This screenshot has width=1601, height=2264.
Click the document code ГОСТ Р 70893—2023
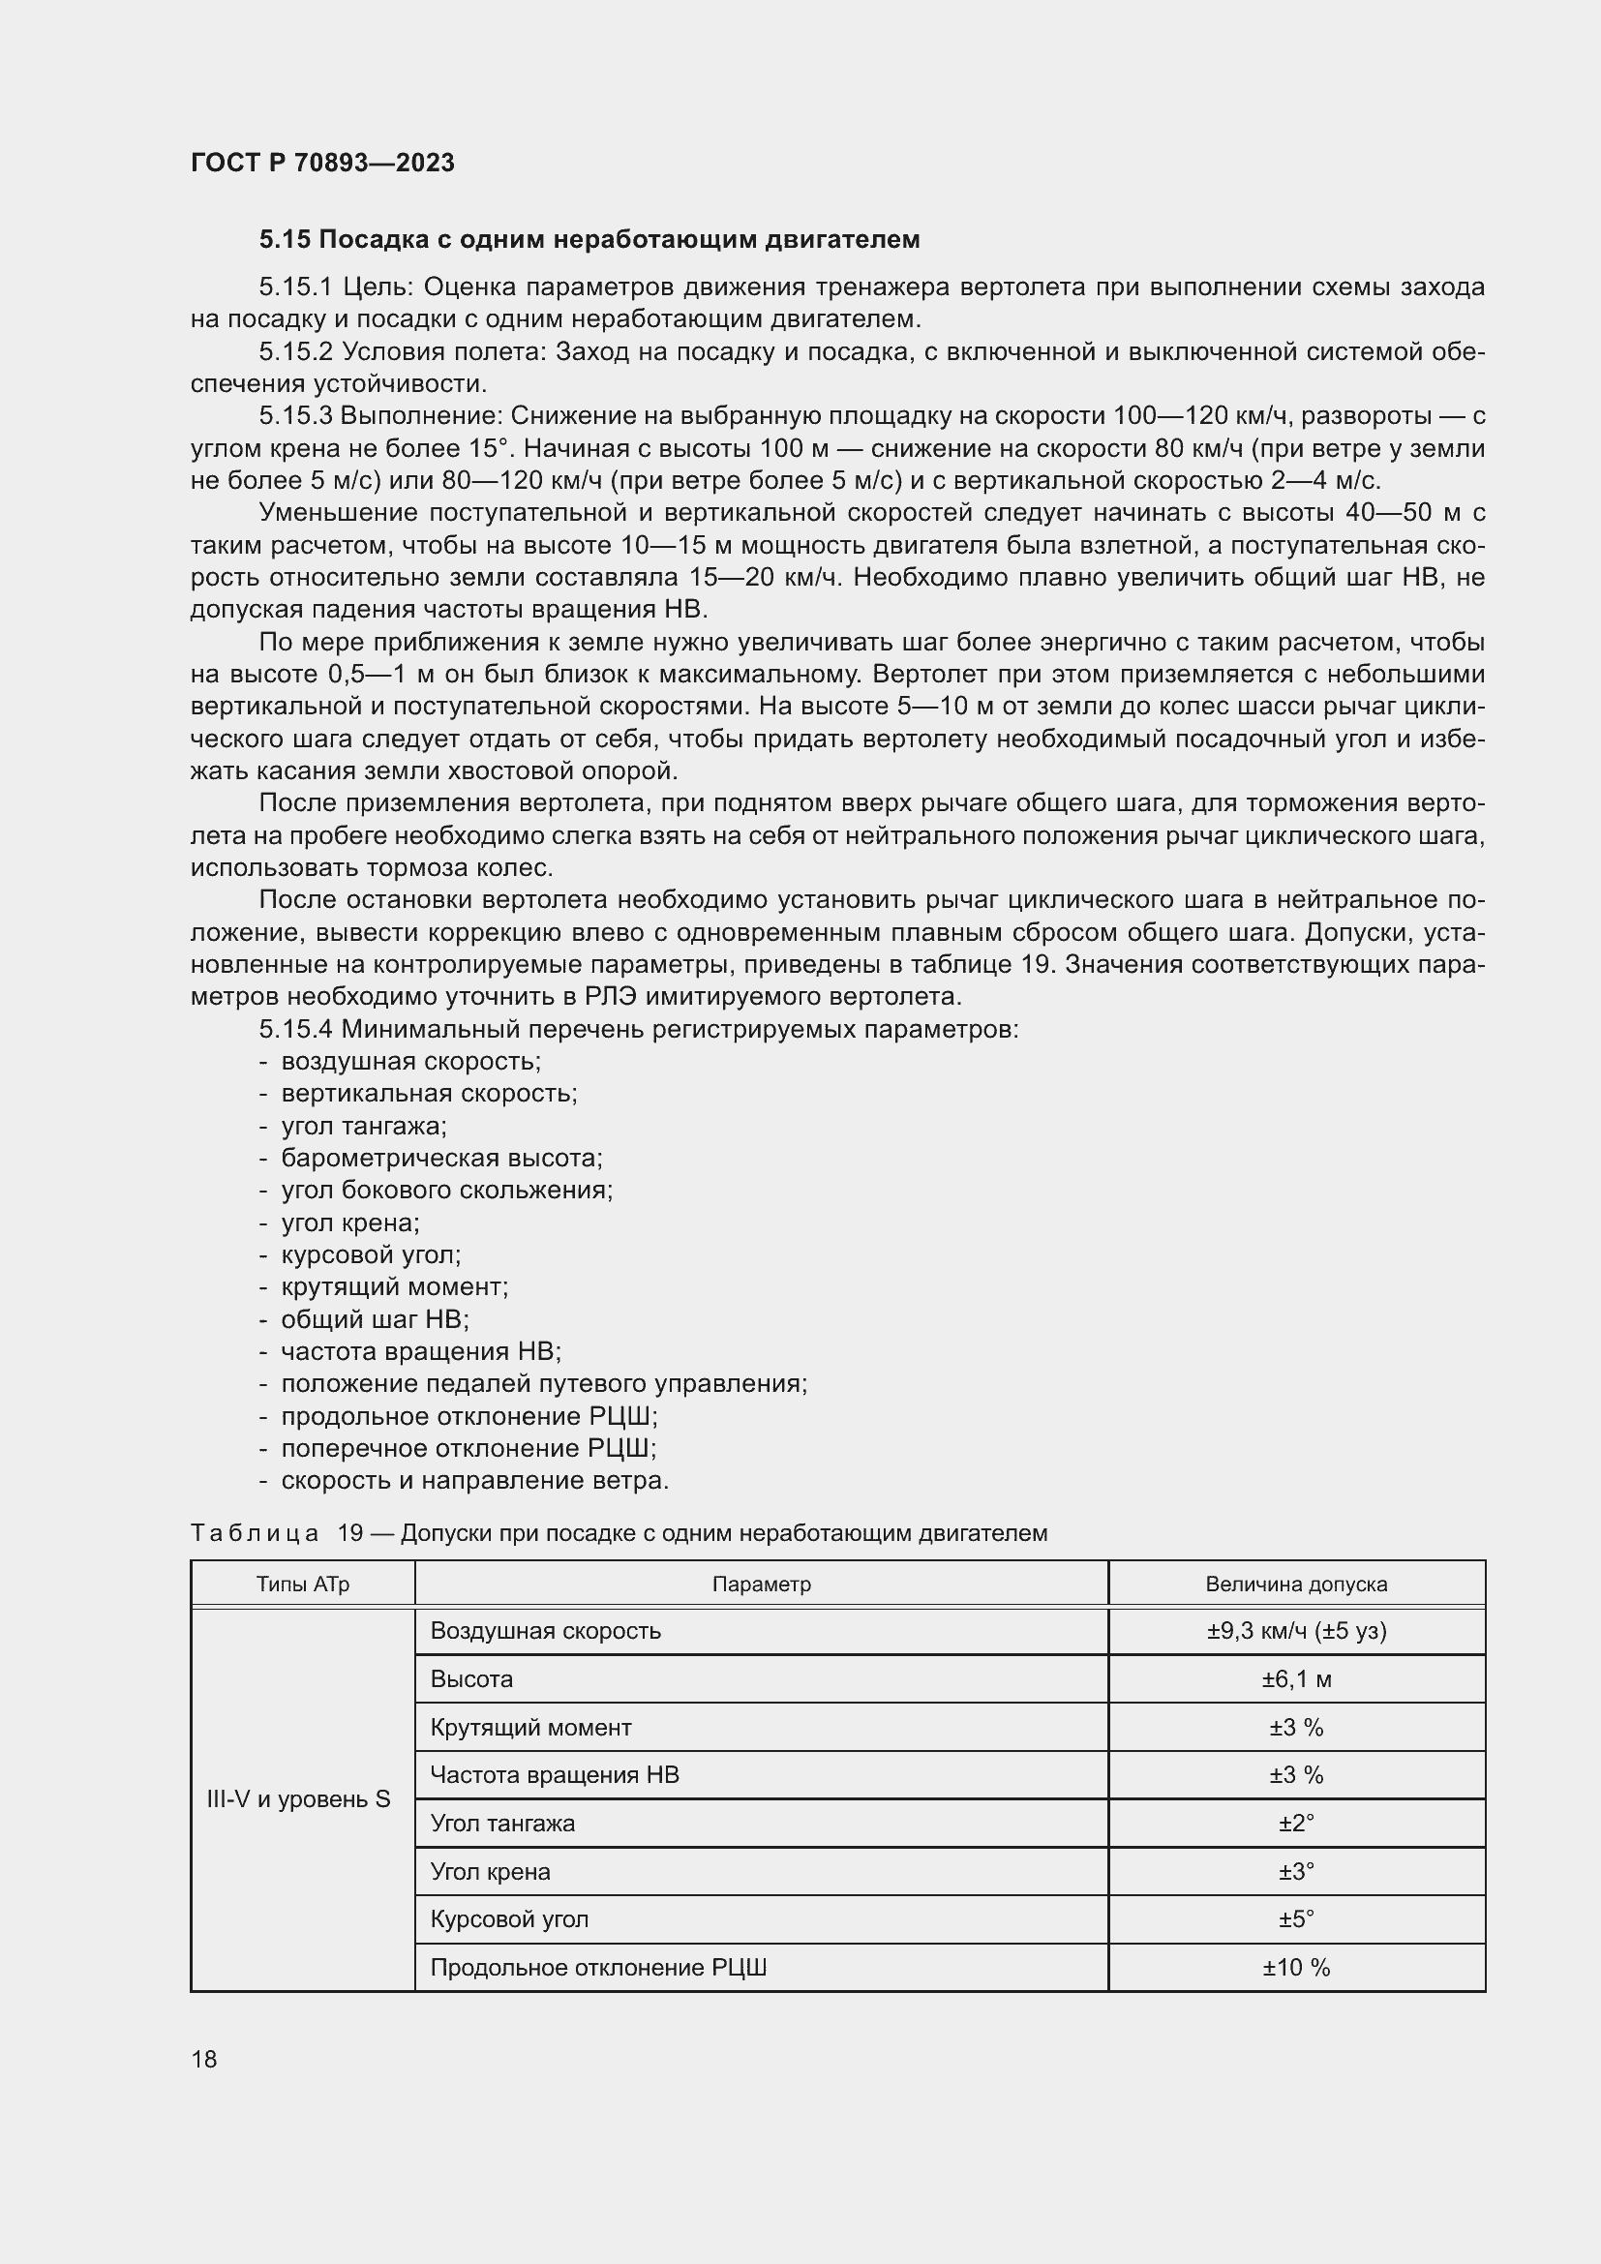pos(322,163)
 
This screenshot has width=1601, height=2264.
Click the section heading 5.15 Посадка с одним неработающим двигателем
pos(589,240)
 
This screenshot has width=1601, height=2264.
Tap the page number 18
pos(204,2059)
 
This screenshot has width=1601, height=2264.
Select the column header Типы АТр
pos(303,1585)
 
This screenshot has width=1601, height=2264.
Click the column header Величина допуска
pos(1295,1585)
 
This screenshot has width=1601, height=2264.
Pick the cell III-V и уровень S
pos(299,1798)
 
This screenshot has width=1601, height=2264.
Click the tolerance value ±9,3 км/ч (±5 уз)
pos(1295,1631)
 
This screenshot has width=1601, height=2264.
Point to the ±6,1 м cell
pos(1295,1679)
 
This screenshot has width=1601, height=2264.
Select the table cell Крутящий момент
pos(530,1728)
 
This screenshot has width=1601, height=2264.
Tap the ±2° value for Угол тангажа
pos(1295,1824)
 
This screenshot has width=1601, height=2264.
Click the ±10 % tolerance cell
pos(1295,1967)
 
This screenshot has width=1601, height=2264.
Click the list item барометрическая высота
pos(440,1158)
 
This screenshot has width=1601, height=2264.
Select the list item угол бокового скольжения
pos(446,1191)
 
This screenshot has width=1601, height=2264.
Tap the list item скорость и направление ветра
pos(474,1480)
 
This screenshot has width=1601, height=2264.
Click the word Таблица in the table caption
pos(255,1533)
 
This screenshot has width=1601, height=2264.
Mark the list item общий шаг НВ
pos(375,1319)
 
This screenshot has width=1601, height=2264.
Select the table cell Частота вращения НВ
pos(554,1775)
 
